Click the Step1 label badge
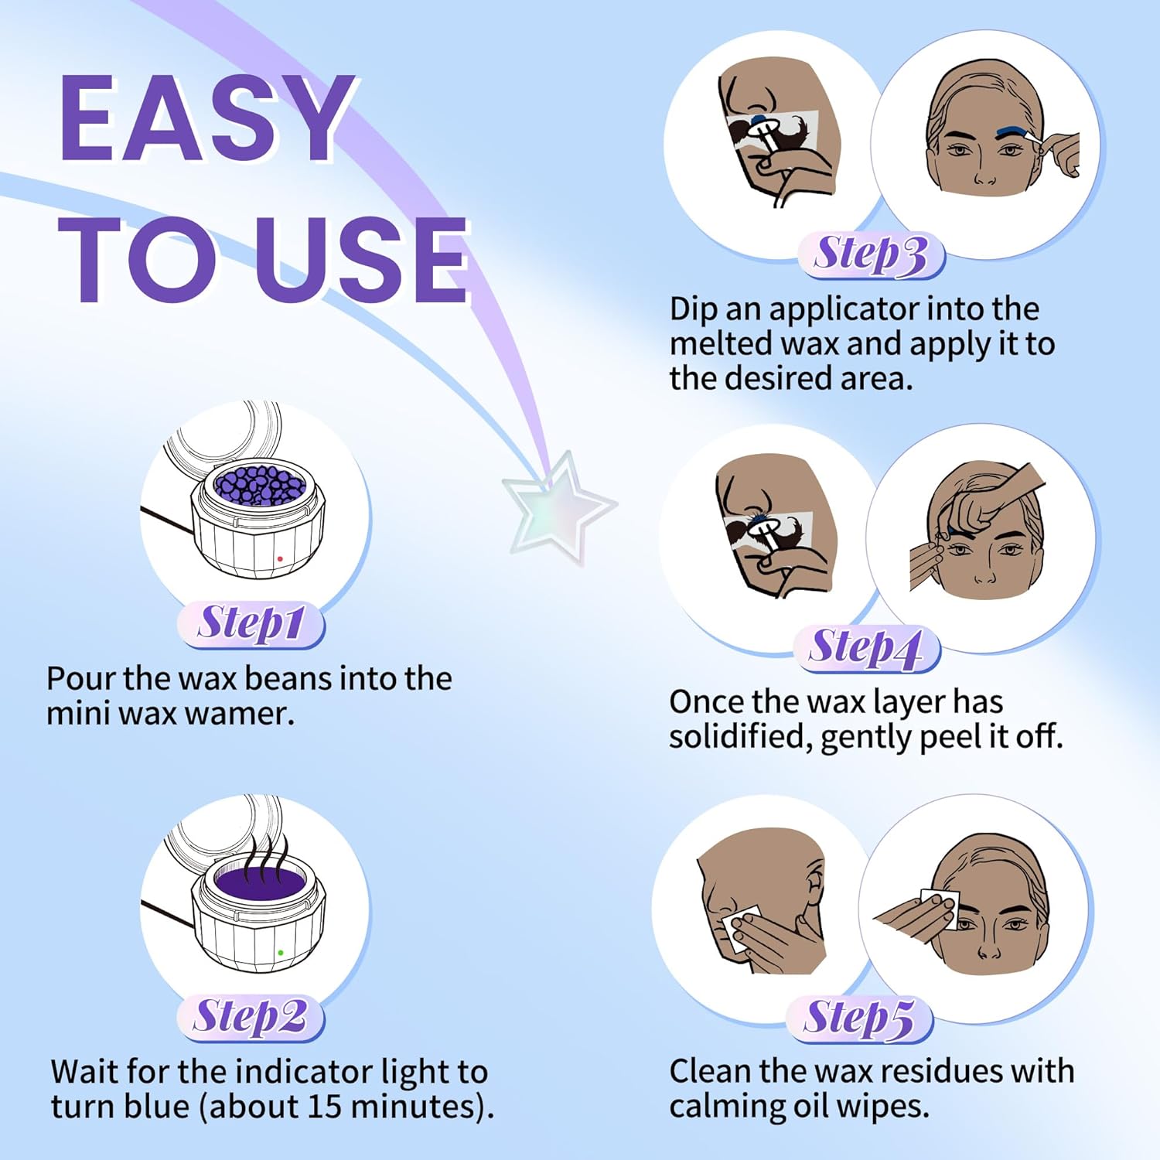251,624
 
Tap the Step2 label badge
251,1017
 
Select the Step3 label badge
872,254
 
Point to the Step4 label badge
867,648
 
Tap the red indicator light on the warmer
280,559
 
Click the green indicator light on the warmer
280,953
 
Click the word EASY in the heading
206,119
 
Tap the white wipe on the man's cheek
741,928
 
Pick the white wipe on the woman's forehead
938,906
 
